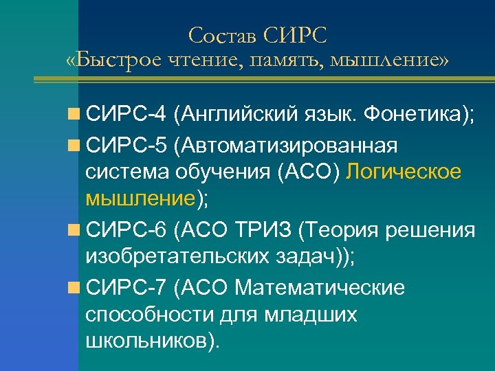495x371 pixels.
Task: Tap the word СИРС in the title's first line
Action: pyautogui.click(x=294, y=34)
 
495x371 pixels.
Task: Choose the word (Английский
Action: pyautogui.click(x=237, y=114)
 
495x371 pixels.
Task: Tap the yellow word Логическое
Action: pyautogui.click(x=404, y=172)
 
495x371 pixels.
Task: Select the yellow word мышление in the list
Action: pyautogui.click(x=141, y=200)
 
